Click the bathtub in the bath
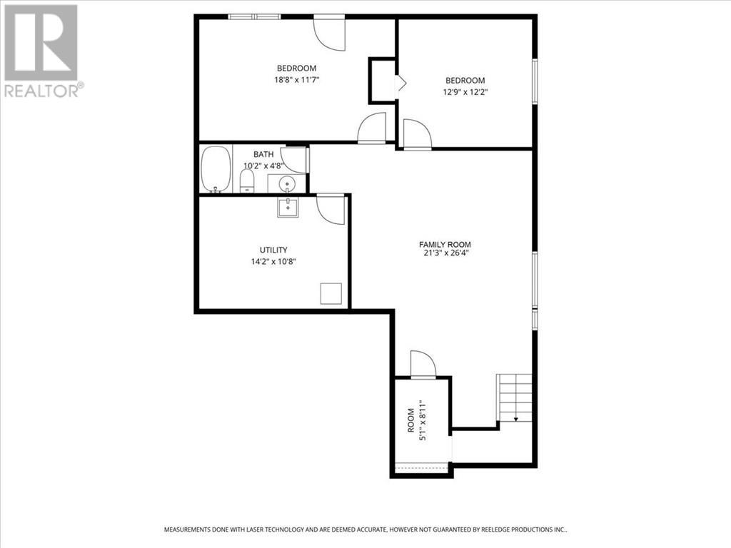tap(216, 169)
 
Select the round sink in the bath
tap(286, 183)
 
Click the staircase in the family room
tap(515, 397)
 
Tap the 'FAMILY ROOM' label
tap(445, 245)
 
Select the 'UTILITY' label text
tap(273, 250)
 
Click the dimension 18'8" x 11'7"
tap(296, 80)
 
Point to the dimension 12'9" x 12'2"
tap(465, 91)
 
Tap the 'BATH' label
tap(263, 154)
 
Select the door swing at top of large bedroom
tap(329, 32)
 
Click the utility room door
tap(331, 209)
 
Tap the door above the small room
tap(423, 365)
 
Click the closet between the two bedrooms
tap(382, 81)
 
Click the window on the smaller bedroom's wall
tap(534, 82)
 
